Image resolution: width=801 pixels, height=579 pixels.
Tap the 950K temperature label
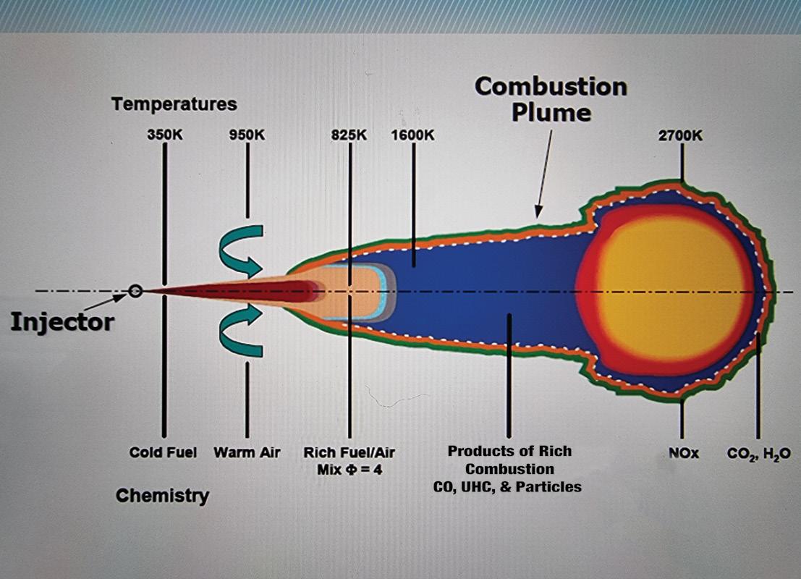(247, 135)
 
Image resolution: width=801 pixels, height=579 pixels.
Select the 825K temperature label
(349, 135)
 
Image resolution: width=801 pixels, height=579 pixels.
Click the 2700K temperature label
(681, 135)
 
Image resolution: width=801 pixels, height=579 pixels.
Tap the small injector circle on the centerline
(135, 291)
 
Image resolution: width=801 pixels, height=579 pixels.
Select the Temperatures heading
(174, 104)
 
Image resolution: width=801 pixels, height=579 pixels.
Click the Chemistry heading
(162, 496)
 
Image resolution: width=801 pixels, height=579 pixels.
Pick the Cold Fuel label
(163, 453)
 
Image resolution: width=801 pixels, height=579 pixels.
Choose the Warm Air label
(247, 453)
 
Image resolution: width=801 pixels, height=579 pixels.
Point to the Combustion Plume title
(551, 99)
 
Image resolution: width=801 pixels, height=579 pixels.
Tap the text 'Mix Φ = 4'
(349, 469)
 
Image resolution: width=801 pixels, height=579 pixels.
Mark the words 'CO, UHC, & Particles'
(509, 486)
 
